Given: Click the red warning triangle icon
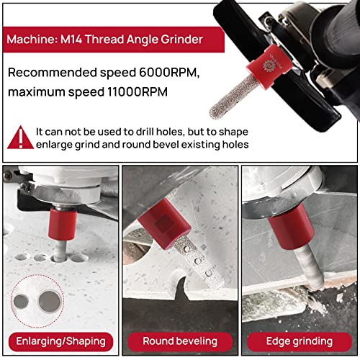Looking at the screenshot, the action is pos(21,138).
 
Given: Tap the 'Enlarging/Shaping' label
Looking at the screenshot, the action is pos(60,341).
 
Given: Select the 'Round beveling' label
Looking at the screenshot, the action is pos(180,341).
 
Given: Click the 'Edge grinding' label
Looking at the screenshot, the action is pos(300,341).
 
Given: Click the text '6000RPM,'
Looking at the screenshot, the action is pos(169,72).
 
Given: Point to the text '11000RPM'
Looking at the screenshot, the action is pos(138,91).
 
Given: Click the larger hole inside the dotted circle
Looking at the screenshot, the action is pos(50,302).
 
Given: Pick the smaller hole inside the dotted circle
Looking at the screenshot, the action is pos(21,302).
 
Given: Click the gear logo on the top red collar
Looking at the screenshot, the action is pos(268,66).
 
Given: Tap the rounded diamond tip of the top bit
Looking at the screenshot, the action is pos(215,113).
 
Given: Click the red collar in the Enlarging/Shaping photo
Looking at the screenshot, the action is pos(63,224).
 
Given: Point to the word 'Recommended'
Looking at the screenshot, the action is pos(53,72).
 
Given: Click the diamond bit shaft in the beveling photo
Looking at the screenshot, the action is pos(197,261).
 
